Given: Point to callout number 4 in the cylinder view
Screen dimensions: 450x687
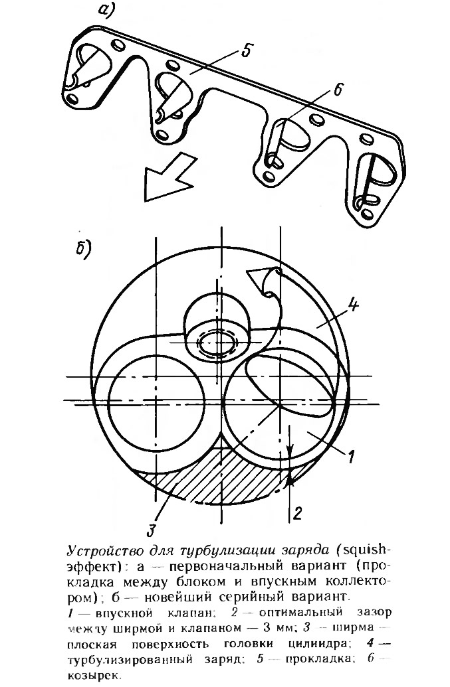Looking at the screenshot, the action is [353, 303].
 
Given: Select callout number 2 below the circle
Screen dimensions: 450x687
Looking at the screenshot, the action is [297, 512].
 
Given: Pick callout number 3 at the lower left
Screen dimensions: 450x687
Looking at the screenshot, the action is [150, 530].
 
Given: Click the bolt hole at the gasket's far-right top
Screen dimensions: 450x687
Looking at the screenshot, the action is [368, 139].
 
